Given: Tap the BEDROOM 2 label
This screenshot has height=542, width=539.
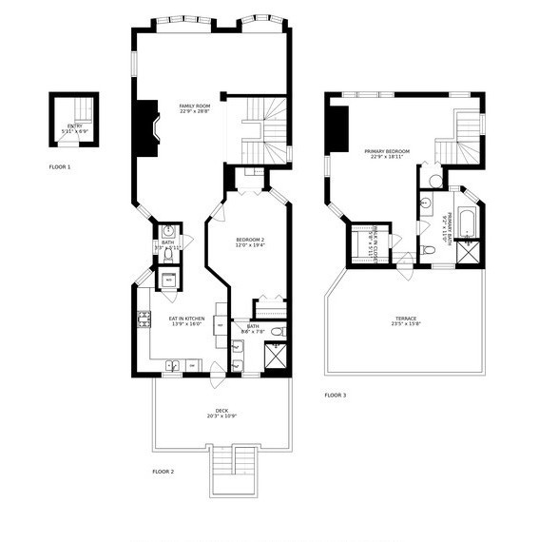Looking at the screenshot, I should (250, 240).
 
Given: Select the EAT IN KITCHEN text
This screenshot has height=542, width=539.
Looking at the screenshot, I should (187, 319).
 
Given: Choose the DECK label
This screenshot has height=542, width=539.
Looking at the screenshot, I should (221, 411).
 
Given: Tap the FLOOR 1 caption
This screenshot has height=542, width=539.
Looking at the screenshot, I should (60, 166).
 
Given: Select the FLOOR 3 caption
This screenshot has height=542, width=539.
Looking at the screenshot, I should (335, 395).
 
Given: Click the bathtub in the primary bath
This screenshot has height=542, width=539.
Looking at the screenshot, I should (467, 223).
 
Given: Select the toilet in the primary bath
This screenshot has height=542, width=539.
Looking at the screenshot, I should (429, 250).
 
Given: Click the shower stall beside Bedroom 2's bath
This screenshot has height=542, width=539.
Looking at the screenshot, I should (279, 358).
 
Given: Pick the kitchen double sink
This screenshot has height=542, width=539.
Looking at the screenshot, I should (176, 364).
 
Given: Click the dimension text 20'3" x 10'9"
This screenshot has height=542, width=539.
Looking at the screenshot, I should (221, 417).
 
